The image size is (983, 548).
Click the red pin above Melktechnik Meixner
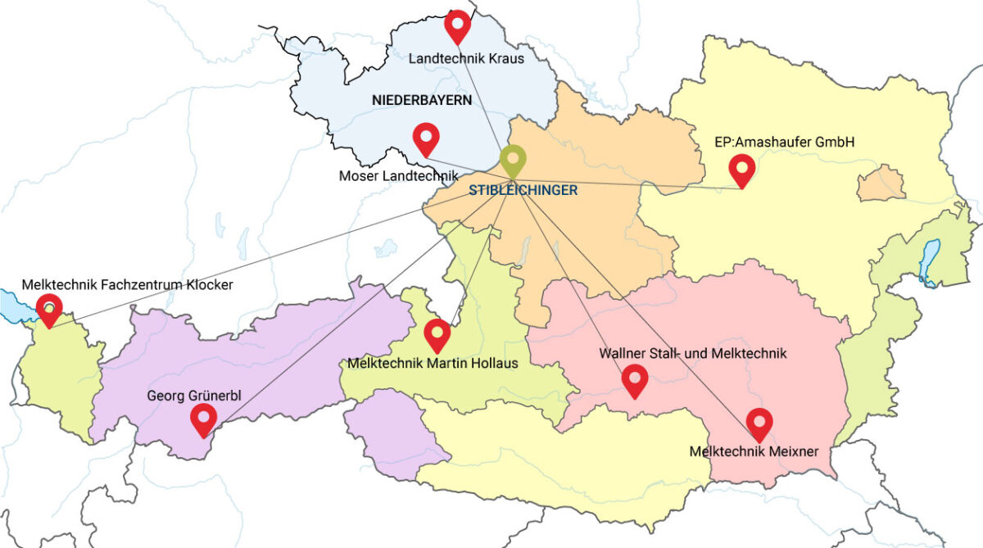[760, 423]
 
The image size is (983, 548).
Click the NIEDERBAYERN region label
[422, 100]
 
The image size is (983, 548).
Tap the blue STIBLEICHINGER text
[523, 190]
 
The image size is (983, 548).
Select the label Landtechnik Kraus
[466, 58]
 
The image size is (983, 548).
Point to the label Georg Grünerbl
[194, 396]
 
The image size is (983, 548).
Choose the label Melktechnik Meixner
[754, 451]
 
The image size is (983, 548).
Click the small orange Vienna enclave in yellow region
[880, 183]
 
